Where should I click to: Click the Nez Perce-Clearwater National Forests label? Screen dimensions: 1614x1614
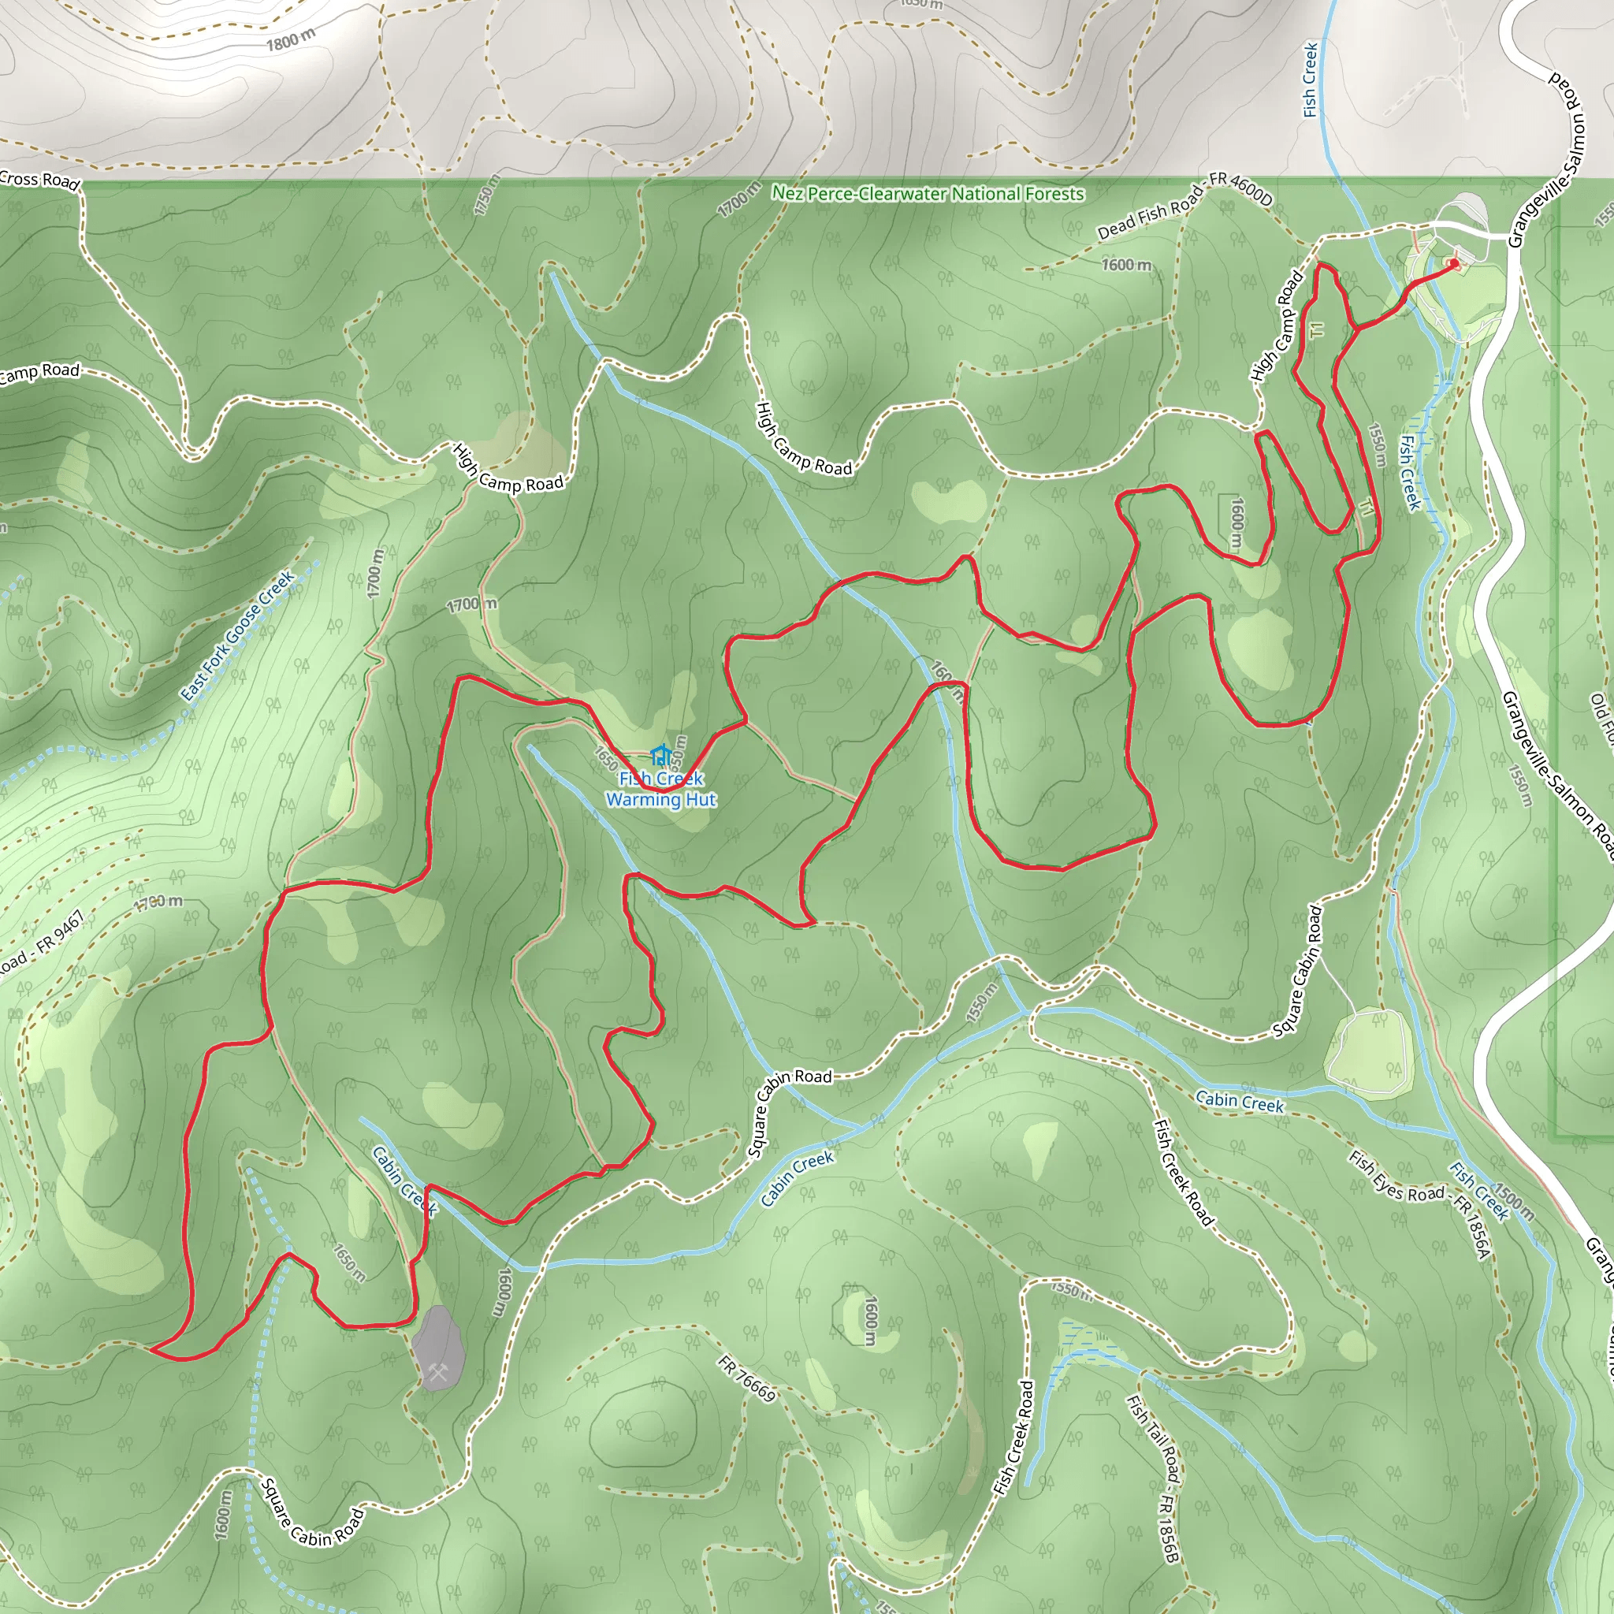click(x=928, y=194)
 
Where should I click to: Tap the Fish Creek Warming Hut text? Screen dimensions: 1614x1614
click(x=660, y=789)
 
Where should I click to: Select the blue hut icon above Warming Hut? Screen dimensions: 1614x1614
click(x=660, y=756)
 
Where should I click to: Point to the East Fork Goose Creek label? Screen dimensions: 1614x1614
click(x=238, y=636)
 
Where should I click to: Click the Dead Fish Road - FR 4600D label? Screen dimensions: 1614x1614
click(x=1184, y=209)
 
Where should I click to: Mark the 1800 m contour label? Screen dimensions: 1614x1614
click(x=291, y=39)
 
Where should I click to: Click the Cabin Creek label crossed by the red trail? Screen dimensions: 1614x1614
click(x=403, y=1181)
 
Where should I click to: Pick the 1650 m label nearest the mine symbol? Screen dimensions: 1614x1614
click(x=349, y=1263)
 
